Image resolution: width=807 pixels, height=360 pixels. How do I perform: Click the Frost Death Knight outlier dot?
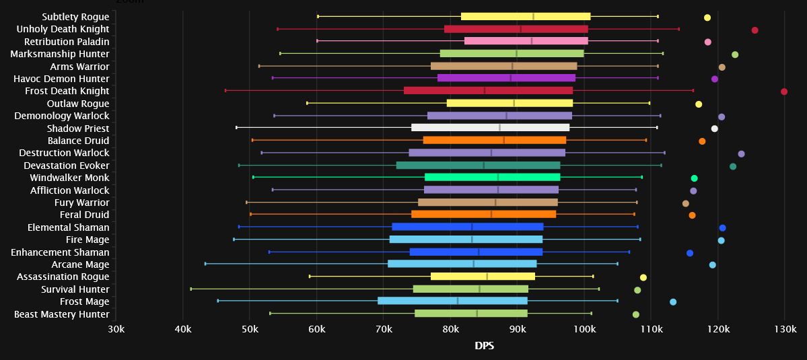click(784, 92)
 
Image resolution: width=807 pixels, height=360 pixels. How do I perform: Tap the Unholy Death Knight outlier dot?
click(755, 30)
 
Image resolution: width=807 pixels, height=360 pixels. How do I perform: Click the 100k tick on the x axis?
click(584, 330)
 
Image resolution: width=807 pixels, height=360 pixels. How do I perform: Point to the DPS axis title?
click(484, 346)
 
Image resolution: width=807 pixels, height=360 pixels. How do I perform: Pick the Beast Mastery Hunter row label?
click(61, 314)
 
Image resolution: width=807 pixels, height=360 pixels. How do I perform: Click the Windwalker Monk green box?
click(492, 178)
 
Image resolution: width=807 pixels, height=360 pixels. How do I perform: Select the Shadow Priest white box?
click(490, 128)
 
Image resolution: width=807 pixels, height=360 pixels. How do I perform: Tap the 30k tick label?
click(116, 330)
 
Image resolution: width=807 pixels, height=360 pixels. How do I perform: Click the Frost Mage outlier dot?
click(673, 302)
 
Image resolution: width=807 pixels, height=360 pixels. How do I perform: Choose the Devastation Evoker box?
click(478, 166)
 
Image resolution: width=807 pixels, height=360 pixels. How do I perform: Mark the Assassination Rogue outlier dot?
click(643, 277)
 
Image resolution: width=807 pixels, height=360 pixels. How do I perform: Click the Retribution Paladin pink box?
click(526, 41)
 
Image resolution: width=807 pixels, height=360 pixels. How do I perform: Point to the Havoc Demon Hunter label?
click(61, 79)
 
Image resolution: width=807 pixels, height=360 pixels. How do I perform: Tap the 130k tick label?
click(785, 330)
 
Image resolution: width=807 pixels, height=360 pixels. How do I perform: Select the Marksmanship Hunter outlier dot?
click(735, 55)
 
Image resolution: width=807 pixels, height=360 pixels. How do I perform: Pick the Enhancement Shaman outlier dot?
click(690, 253)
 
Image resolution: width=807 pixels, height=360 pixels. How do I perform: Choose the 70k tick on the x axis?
click(384, 330)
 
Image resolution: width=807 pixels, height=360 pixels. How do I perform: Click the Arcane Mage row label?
click(80, 264)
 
